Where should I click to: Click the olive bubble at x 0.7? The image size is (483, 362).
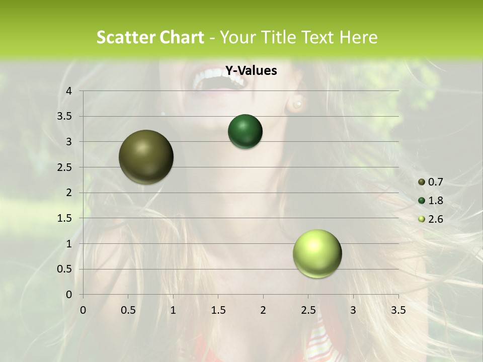pyautogui.click(x=146, y=157)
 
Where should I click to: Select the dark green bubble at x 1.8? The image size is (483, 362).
pyautogui.click(x=245, y=132)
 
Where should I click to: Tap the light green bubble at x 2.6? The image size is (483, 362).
pyautogui.click(x=317, y=253)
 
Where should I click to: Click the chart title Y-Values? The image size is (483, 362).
pyautogui.click(x=251, y=71)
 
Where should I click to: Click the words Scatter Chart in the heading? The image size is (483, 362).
pyautogui.click(x=150, y=37)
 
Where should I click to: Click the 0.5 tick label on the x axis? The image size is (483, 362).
pyautogui.click(x=128, y=310)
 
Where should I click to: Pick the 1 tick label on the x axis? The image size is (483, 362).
pyautogui.click(x=173, y=310)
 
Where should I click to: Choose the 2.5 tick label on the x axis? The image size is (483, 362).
pyautogui.click(x=308, y=310)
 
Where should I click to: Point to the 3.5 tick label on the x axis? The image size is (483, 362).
pyautogui.click(x=398, y=310)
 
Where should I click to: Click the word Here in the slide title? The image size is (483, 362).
pyautogui.click(x=358, y=37)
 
